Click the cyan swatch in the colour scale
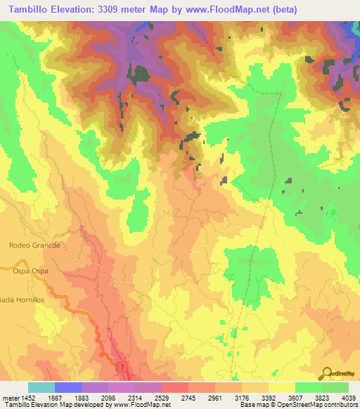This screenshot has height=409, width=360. click(x=41, y=387)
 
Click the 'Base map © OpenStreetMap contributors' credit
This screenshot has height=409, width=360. click(x=297, y=405)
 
